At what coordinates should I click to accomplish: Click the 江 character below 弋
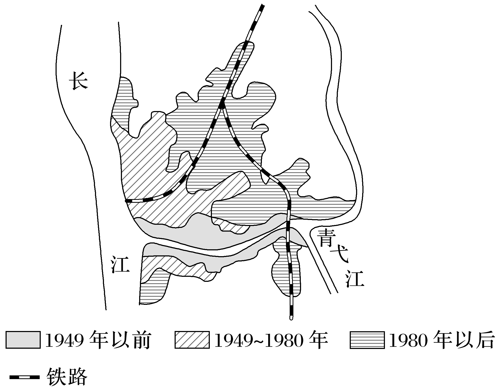[355, 278]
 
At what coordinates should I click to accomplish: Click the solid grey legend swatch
[23, 340]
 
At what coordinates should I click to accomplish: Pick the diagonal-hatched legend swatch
[192, 340]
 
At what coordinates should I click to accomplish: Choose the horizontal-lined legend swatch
[367, 340]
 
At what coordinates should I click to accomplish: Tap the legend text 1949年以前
[98, 340]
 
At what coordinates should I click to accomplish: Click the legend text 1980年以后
[441, 340]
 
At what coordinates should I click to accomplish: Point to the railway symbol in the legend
[24, 377]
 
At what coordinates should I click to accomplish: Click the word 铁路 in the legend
[67, 377]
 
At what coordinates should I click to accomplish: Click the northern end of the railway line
[262, 6]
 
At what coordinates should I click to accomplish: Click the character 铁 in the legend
[56, 377]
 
